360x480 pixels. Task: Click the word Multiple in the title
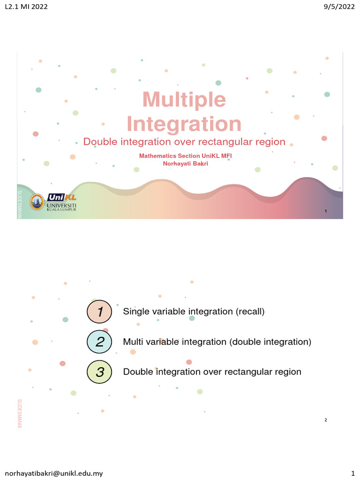[x=184, y=100]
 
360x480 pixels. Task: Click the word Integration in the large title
[x=184, y=124]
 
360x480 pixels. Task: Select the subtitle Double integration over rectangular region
[x=184, y=142]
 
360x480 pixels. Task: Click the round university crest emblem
[x=37, y=202]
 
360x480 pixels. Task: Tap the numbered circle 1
[x=99, y=312]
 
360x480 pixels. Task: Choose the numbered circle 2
[x=99, y=342]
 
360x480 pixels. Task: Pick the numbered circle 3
[x=99, y=372]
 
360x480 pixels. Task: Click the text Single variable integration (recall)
[x=194, y=312]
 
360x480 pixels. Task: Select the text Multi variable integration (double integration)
[x=217, y=342]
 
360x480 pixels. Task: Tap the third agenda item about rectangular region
[x=212, y=372]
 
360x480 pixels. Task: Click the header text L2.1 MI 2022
[x=25, y=7]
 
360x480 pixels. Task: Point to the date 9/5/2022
[x=340, y=7]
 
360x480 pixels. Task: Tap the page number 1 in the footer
[x=352, y=473]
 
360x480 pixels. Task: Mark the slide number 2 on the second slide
[x=325, y=420]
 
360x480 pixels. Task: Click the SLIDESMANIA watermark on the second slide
[x=20, y=413]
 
